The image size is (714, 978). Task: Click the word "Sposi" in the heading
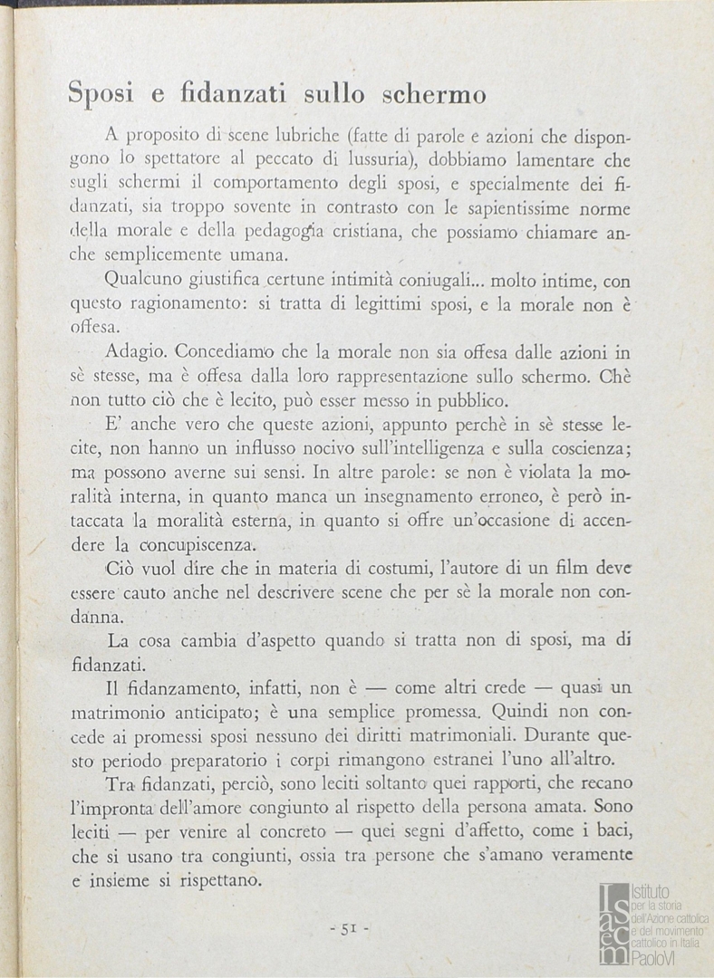click(x=101, y=93)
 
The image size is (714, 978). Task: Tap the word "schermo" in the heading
click(x=432, y=93)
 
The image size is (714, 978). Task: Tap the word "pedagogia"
click(x=255, y=233)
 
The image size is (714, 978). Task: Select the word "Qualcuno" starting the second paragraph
click(x=142, y=280)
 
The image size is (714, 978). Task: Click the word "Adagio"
click(x=135, y=350)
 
